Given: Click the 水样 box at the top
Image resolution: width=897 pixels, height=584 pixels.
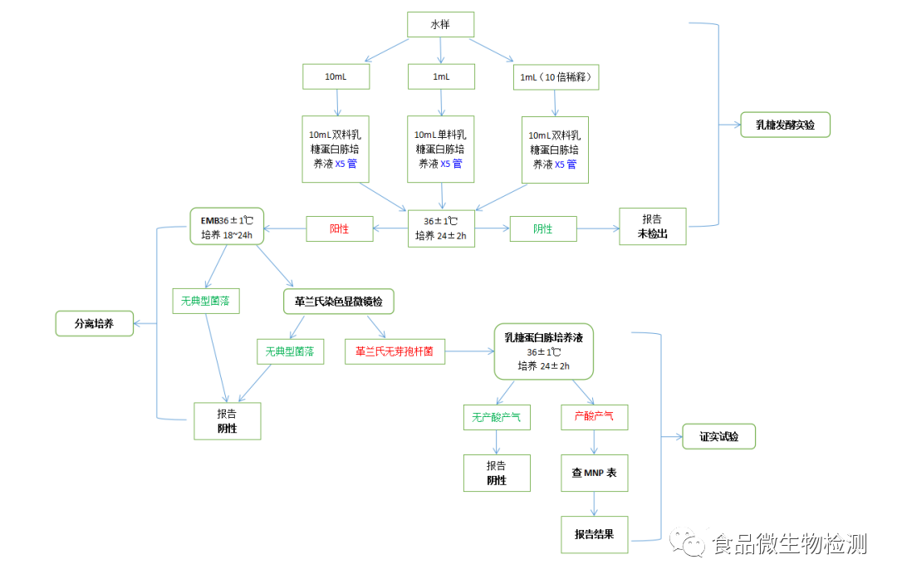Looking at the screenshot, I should [440, 25].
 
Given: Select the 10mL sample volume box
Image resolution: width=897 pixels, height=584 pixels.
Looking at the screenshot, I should [336, 77].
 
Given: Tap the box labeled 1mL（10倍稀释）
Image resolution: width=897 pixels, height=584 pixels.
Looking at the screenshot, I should [554, 77].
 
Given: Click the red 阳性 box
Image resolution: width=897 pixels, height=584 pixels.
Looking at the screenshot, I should [339, 228].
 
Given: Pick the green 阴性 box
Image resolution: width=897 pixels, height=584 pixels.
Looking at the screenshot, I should [543, 228].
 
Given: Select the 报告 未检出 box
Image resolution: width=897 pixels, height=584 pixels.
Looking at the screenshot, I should [653, 227].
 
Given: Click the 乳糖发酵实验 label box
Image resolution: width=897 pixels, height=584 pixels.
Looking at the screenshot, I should [785, 125].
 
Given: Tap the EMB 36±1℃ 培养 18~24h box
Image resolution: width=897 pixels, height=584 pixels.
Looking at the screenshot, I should [227, 226].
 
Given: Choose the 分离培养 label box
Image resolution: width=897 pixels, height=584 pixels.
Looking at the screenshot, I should [95, 324].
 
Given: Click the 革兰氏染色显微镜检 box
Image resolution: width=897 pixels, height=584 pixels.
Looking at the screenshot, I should [339, 302].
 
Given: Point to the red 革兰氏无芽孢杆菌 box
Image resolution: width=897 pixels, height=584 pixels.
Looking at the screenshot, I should [395, 351].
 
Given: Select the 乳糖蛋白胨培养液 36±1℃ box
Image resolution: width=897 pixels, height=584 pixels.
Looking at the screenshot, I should [543, 351].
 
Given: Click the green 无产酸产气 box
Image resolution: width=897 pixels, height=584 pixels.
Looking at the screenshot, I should [497, 417].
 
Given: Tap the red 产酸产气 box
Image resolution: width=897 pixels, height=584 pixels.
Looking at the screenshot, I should [594, 417].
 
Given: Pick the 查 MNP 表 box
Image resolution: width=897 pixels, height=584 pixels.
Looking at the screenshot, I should [594, 473].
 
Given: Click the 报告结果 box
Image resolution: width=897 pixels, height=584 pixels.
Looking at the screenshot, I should [594, 534].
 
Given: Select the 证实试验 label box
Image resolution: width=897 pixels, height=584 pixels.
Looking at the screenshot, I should [718, 436].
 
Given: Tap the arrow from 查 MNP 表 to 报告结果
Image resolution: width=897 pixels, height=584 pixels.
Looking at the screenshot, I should [594, 503].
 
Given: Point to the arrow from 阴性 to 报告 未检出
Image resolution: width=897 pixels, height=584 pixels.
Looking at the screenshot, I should [598, 228].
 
